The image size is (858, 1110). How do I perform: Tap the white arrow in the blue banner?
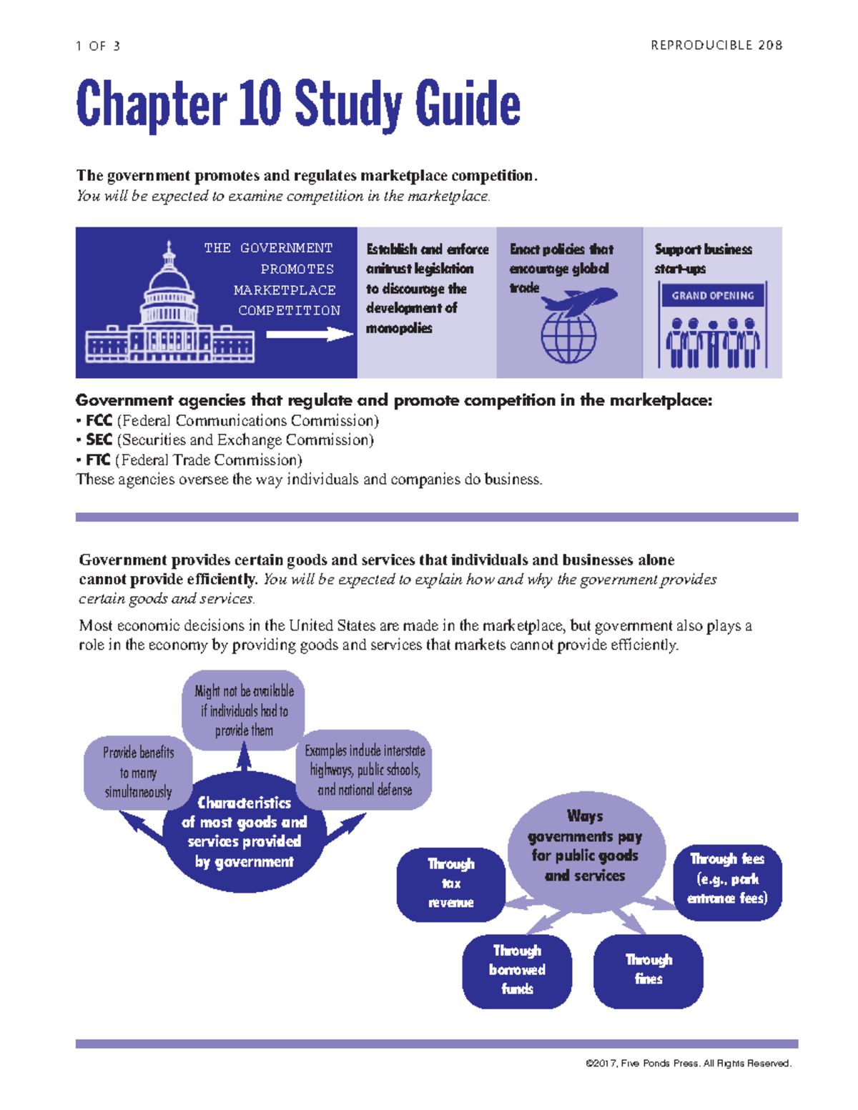tap(310, 334)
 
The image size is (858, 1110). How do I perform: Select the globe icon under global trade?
tap(568, 337)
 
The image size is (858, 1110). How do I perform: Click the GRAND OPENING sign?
tap(712, 295)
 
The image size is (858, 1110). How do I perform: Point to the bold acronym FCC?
tap(99, 421)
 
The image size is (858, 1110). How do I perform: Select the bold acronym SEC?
tap(99, 440)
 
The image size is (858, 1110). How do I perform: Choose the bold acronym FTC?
tap(99, 460)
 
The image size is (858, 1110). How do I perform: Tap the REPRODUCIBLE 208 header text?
tap(716, 46)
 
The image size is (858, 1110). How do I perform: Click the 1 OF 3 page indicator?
tap(98, 46)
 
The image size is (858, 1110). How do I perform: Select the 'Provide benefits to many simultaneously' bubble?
tap(138, 773)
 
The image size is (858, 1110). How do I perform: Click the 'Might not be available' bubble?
tap(244, 710)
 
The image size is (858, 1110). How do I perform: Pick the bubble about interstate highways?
tap(365, 770)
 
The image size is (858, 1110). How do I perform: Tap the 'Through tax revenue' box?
tap(450, 884)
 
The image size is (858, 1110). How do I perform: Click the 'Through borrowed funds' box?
tap(517, 971)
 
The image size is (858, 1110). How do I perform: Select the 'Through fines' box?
tap(649, 970)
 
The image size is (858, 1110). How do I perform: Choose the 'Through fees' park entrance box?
tap(727, 879)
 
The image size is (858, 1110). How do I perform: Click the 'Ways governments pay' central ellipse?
tap(585, 846)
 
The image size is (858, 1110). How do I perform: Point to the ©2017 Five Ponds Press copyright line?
tap(688, 1064)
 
